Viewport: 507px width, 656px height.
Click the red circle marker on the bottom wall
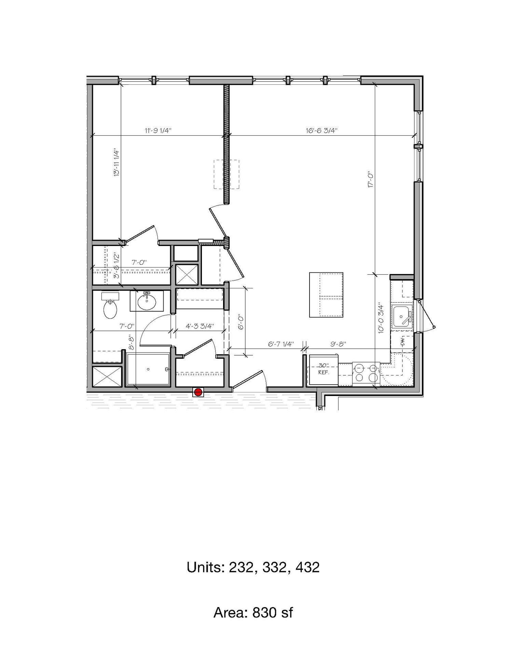198,392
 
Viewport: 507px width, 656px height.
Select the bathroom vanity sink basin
147,301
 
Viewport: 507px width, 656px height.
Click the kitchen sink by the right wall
402,316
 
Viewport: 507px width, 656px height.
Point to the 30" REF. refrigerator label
323,369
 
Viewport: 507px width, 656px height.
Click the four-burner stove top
366,373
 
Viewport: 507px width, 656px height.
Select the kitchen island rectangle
326,295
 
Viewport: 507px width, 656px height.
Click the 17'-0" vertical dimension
372,179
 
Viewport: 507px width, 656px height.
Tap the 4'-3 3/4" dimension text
200,326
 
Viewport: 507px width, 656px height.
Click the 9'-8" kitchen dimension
339,344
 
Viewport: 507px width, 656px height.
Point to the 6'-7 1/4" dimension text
281,344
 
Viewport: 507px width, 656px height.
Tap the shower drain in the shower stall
148,369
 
